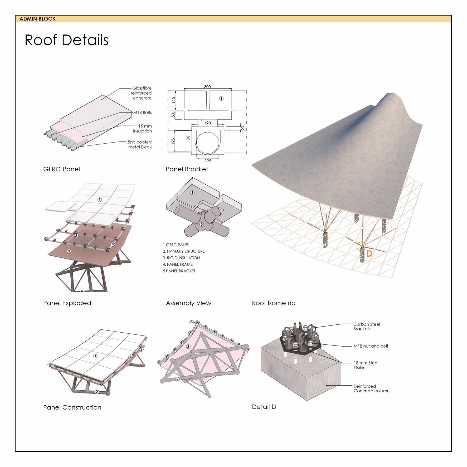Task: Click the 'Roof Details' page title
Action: click(66, 40)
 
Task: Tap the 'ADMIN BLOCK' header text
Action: click(37, 19)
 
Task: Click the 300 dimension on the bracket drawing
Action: click(207, 87)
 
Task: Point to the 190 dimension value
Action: click(207, 123)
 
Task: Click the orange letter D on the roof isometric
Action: click(369, 254)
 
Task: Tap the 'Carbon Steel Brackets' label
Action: click(367, 327)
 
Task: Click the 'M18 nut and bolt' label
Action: click(371, 346)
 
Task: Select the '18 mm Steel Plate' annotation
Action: click(366, 365)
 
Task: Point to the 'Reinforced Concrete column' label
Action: click(371, 388)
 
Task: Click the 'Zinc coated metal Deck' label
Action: click(140, 144)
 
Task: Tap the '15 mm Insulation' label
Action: click(143, 129)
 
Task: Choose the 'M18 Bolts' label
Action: click(142, 113)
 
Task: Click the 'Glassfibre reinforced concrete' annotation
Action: click(141, 93)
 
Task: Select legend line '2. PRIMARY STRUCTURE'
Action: click(184, 251)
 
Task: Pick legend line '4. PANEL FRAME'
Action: click(178, 264)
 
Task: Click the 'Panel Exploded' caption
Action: click(67, 303)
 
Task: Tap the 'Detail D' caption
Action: click(264, 407)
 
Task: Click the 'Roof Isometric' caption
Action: click(274, 303)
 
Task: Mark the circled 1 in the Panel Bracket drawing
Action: click(221, 99)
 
